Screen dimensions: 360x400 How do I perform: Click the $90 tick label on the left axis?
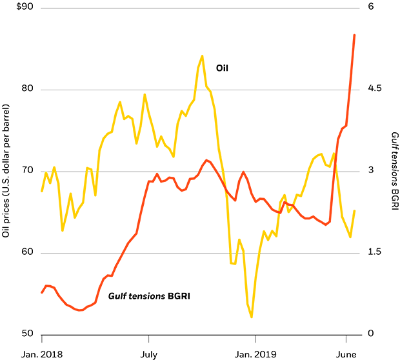point(12,8)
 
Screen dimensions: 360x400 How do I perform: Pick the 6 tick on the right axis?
point(371,8)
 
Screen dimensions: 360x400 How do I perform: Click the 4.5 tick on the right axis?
point(375,89)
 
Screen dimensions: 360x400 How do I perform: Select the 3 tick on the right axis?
point(371,171)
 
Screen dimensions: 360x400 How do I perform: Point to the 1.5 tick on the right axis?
point(375,253)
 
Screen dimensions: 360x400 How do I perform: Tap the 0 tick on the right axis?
point(371,334)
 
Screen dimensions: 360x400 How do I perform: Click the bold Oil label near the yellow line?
point(223,66)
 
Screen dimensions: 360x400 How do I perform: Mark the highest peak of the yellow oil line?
point(202,55)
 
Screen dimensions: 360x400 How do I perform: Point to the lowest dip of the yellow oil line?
point(251,317)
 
